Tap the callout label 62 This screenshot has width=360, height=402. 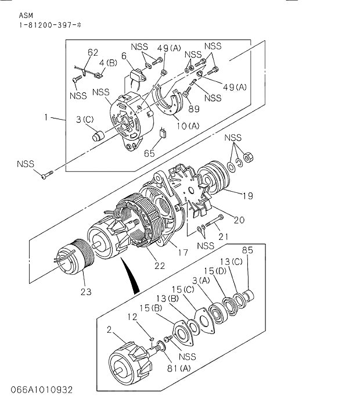[x=93, y=52]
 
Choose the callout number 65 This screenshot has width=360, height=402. [x=149, y=154]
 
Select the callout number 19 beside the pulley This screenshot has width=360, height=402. [x=247, y=196]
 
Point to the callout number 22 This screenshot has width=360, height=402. [x=159, y=265]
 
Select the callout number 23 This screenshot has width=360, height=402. [x=87, y=292]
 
